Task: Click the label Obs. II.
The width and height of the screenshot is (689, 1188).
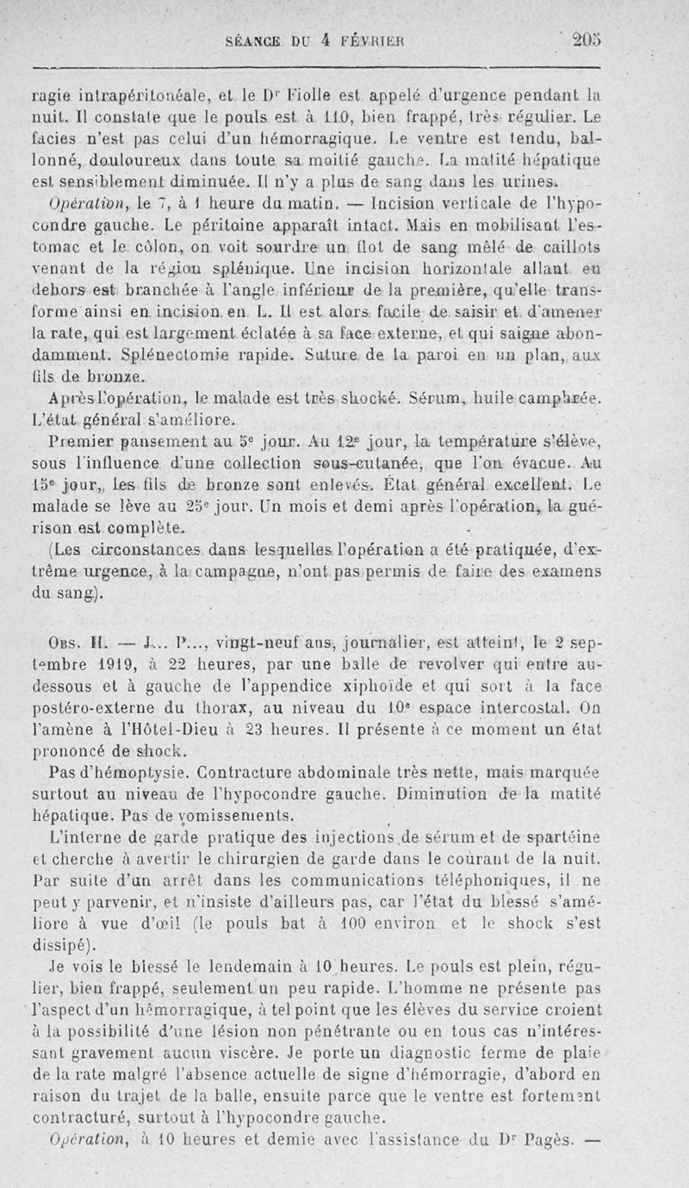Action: tap(76, 639)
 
